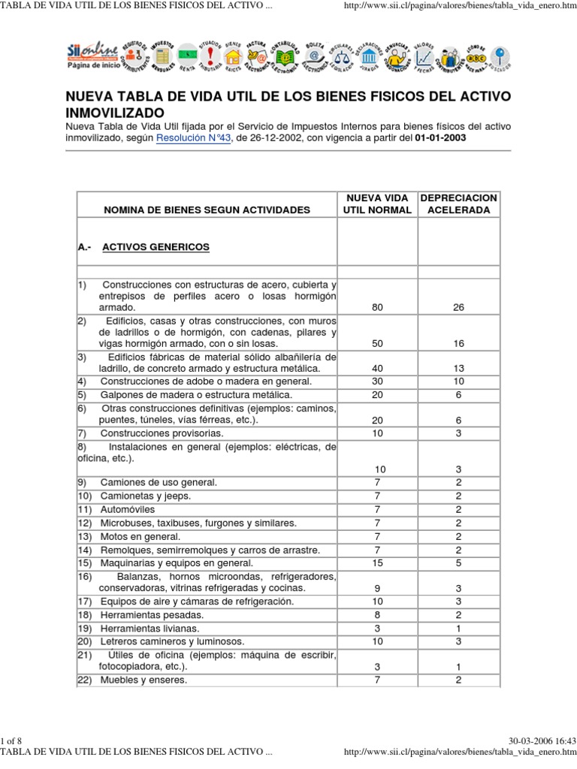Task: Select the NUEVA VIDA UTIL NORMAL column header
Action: tap(377, 204)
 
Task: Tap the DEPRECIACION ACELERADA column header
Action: tap(458, 204)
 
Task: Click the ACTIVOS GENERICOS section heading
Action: tap(156, 246)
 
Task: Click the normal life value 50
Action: tap(377, 343)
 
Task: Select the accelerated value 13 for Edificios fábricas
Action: tap(458, 369)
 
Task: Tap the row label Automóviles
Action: tap(128, 509)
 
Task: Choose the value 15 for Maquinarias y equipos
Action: tap(377, 562)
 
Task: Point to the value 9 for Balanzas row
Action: tap(377, 588)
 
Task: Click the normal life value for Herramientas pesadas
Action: tap(377, 614)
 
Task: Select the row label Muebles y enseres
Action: tap(143, 680)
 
